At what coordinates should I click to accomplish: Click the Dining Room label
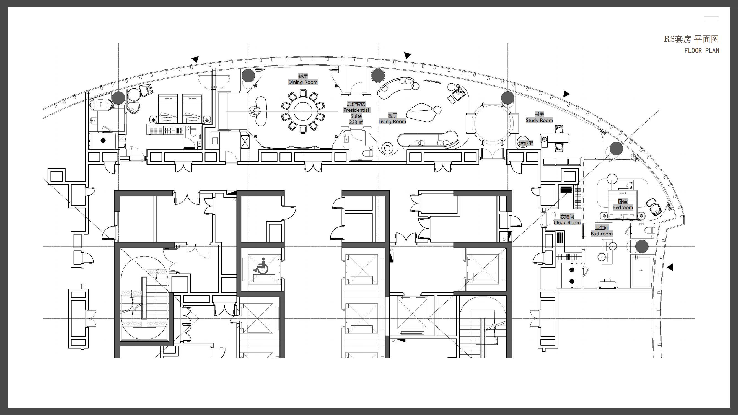pyautogui.click(x=303, y=82)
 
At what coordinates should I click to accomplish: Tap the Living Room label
pyautogui.click(x=392, y=121)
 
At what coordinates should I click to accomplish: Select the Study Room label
pyautogui.click(x=539, y=120)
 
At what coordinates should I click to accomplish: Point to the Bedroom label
pyautogui.click(x=623, y=207)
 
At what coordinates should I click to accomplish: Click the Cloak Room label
pyautogui.click(x=567, y=222)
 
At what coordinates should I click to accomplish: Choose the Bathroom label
pyautogui.click(x=602, y=234)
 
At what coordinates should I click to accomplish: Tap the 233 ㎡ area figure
pyautogui.click(x=356, y=122)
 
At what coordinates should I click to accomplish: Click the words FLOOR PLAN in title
pyautogui.click(x=702, y=51)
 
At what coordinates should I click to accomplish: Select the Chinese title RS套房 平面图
pyautogui.click(x=692, y=39)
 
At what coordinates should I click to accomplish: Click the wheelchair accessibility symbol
pyautogui.click(x=261, y=266)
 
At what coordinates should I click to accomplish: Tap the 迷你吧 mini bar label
pyautogui.click(x=526, y=143)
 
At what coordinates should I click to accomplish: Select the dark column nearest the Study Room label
pyautogui.click(x=508, y=98)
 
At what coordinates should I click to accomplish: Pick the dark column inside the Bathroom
pyautogui.click(x=642, y=246)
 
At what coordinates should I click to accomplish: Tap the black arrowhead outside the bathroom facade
pyautogui.click(x=670, y=267)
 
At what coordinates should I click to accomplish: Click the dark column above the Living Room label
pyautogui.click(x=378, y=75)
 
